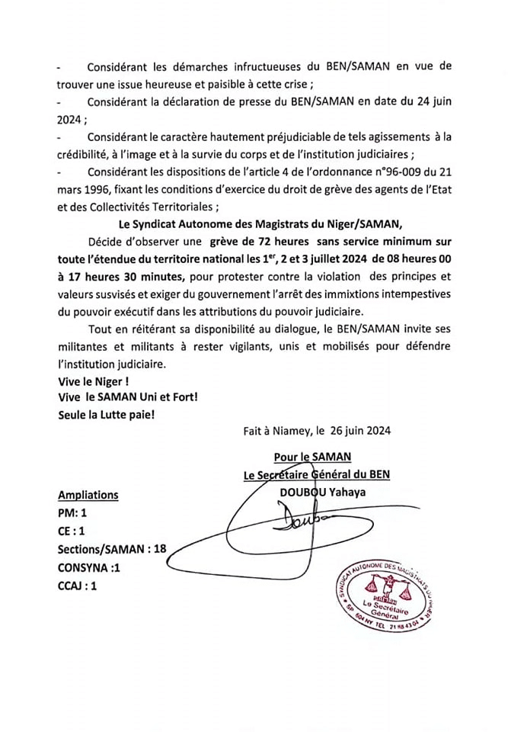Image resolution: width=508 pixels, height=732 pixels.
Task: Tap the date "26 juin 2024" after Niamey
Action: [x=362, y=430]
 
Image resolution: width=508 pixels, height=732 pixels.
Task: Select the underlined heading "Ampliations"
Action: [x=88, y=495]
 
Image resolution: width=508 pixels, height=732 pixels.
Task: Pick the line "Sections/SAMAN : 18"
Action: [x=111, y=550]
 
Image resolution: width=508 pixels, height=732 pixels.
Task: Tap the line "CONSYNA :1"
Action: [x=90, y=568]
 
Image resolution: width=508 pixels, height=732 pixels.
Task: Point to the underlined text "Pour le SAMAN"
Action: [x=312, y=457]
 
